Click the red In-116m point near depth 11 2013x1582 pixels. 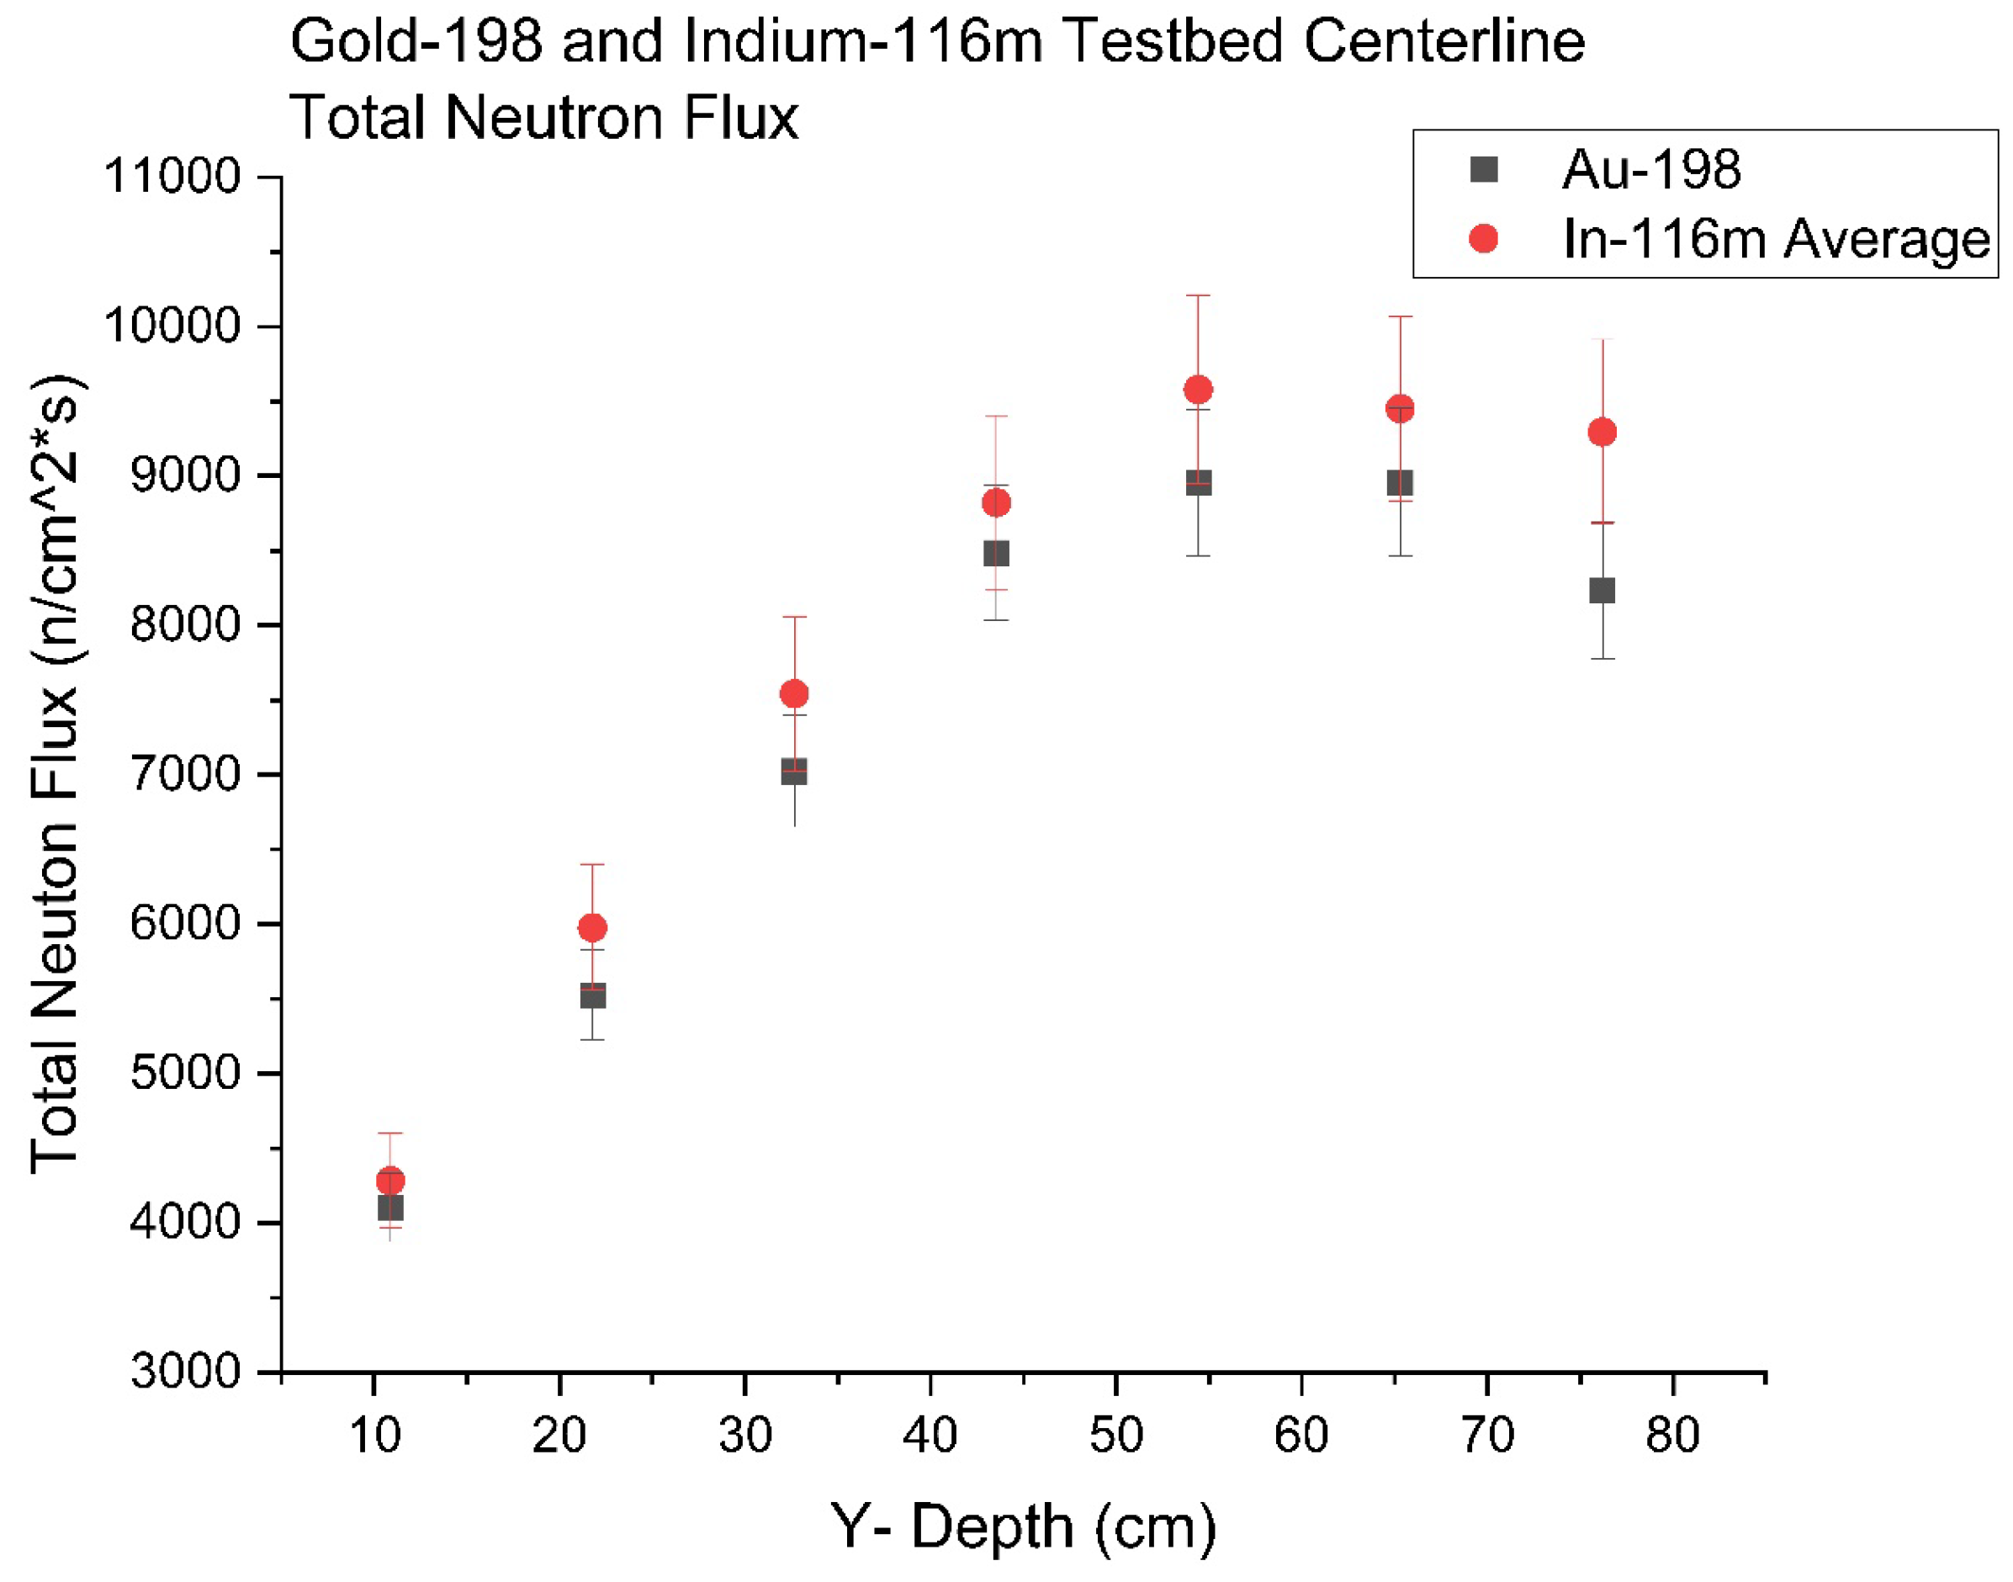(x=389, y=1181)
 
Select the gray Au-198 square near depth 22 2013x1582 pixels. (x=592, y=996)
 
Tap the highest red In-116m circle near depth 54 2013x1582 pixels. (x=1198, y=390)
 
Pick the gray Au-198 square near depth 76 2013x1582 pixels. (x=1602, y=591)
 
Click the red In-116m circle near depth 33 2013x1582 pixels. (x=794, y=693)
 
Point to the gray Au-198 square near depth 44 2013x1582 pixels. (x=995, y=554)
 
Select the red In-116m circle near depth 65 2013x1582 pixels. (x=1399, y=408)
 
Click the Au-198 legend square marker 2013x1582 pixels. (x=1483, y=169)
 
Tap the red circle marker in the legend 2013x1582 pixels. (x=1483, y=239)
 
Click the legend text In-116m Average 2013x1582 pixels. (x=1775, y=239)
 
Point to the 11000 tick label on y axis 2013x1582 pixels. (x=172, y=176)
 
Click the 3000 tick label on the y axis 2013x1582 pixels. (x=185, y=1372)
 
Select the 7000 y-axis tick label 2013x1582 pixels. (x=185, y=774)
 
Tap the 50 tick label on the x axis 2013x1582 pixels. (x=1115, y=1436)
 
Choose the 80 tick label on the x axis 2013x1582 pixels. (x=1672, y=1436)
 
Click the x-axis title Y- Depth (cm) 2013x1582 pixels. (x=1023, y=1526)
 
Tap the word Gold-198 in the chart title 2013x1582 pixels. (x=416, y=42)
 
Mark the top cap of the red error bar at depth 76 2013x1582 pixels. (x=1602, y=340)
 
